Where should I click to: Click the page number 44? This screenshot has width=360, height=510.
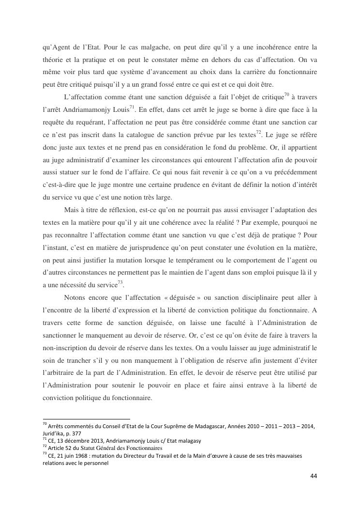click(x=313, y=476)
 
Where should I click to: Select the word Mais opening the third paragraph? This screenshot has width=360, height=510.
click(x=72, y=210)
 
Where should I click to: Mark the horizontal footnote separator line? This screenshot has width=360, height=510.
click(x=87, y=418)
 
